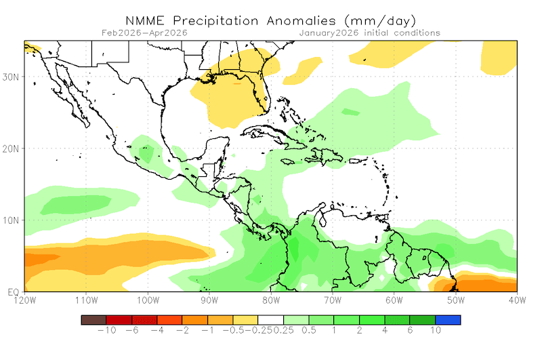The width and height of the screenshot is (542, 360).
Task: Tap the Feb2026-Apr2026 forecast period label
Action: coord(144,33)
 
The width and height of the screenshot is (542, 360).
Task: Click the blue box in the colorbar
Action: coord(448,319)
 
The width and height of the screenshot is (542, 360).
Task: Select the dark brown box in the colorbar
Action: coord(93,319)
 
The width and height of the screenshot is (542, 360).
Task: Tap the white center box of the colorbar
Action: coord(270,319)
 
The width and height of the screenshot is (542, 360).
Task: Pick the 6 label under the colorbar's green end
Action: coord(410,332)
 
